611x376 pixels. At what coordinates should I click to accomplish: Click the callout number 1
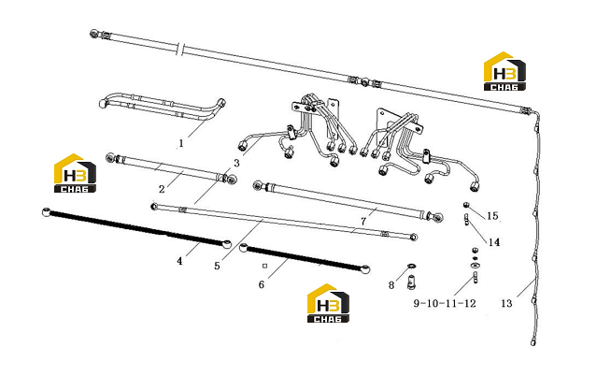coord(181,143)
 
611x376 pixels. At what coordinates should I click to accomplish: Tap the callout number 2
coord(162,189)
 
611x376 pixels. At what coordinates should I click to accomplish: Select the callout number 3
coord(236,163)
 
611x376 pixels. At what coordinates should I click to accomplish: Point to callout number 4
coord(179,261)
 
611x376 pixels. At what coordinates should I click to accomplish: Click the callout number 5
coord(217,266)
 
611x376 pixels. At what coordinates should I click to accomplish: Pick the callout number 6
coord(261,284)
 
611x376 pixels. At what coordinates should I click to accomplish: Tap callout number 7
coord(363,222)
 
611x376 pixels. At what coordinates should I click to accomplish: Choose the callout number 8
coord(391,285)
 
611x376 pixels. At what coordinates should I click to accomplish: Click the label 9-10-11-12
coord(445,303)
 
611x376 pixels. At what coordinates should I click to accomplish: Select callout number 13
coord(506,303)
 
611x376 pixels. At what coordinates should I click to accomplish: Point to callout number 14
coord(494,242)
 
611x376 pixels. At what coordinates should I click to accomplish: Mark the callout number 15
coord(492,216)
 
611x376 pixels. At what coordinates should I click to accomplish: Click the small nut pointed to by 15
coord(465,205)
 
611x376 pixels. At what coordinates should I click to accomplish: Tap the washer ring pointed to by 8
coord(411,267)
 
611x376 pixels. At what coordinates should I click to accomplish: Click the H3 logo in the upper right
coord(504,71)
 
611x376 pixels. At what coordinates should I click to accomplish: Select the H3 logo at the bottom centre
coord(328,303)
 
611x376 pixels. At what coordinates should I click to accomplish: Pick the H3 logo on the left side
coord(75,173)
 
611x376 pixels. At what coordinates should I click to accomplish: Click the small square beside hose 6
coord(265,266)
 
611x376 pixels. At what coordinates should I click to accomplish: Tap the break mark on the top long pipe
coord(179,50)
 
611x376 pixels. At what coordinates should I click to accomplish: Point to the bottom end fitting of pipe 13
coord(533,343)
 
